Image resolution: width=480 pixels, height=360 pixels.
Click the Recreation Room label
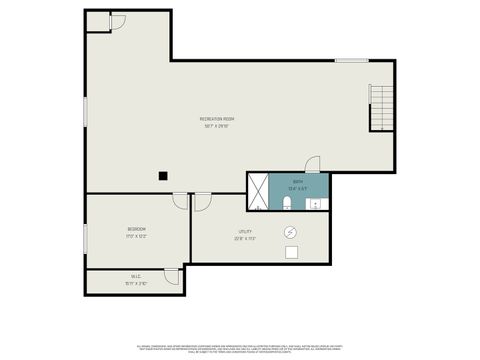click(217, 119)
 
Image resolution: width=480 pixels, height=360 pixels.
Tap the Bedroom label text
click(136, 229)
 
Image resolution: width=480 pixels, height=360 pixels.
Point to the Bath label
click(298, 182)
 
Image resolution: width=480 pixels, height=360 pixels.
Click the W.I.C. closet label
click(136, 277)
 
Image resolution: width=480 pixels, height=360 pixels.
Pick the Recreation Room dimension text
click(217, 126)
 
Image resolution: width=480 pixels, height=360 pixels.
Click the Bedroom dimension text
click(136, 236)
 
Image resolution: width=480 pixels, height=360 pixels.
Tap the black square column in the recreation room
click(162, 175)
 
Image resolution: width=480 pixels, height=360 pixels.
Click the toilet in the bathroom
click(288, 203)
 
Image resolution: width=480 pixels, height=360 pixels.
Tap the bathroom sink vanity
click(318, 204)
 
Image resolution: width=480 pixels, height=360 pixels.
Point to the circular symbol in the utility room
click(291, 231)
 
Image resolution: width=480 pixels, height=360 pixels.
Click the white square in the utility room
click(291, 252)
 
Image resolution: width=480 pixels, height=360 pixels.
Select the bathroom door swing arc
click(313, 165)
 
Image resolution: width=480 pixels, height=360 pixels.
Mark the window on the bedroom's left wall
click(86, 236)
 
